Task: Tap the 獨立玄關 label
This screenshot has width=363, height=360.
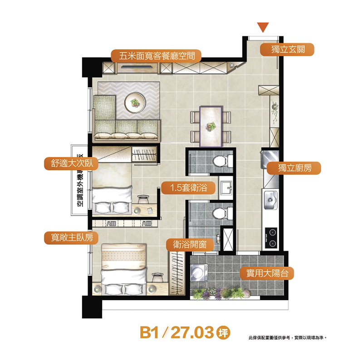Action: (x=287, y=49)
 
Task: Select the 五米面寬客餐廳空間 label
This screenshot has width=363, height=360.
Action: (x=156, y=56)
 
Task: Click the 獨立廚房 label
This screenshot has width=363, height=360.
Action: (x=294, y=168)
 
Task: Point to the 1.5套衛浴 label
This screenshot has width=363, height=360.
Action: (x=188, y=187)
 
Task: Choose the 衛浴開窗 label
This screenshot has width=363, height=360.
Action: (x=190, y=245)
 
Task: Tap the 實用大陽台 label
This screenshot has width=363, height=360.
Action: (x=267, y=273)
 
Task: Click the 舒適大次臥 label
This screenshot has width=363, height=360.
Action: (x=71, y=163)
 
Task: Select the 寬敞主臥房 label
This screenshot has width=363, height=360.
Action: (x=71, y=238)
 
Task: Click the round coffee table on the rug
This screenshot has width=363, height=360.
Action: (x=135, y=103)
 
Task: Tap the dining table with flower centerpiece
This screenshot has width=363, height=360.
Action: (x=211, y=127)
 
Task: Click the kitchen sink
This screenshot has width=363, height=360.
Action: (x=270, y=200)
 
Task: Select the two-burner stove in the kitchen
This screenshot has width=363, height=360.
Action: (x=271, y=238)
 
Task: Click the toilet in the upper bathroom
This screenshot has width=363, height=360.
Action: (x=222, y=161)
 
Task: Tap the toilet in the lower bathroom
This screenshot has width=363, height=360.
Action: (x=222, y=213)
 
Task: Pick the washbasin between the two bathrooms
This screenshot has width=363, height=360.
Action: (x=226, y=187)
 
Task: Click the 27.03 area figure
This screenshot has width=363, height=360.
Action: (x=192, y=333)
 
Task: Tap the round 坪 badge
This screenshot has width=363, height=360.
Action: (x=223, y=333)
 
